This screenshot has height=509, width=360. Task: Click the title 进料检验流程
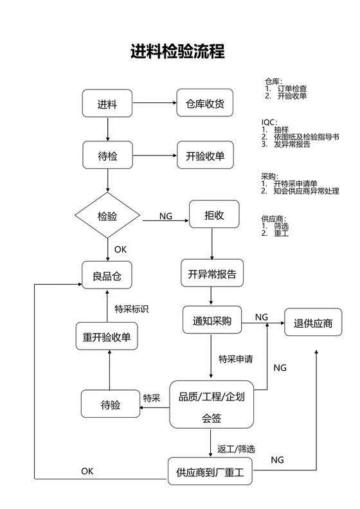click(178, 51)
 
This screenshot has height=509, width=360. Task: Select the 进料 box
click(107, 104)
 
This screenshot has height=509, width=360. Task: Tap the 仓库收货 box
click(204, 104)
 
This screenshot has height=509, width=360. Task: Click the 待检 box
click(107, 156)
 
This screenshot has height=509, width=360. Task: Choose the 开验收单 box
click(204, 156)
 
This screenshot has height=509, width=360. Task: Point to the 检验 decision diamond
click(107, 216)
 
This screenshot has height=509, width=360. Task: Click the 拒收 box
click(214, 215)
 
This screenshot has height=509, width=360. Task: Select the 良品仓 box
click(107, 276)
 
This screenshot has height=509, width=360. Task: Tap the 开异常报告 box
click(212, 274)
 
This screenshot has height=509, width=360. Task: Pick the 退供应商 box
click(313, 323)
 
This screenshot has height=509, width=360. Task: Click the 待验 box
click(111, 404)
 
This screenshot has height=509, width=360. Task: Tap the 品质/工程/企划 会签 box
click(212, 405)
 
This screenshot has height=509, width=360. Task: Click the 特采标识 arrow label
click(131, 309)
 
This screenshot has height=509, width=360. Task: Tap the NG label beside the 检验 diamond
click(166, 217)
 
